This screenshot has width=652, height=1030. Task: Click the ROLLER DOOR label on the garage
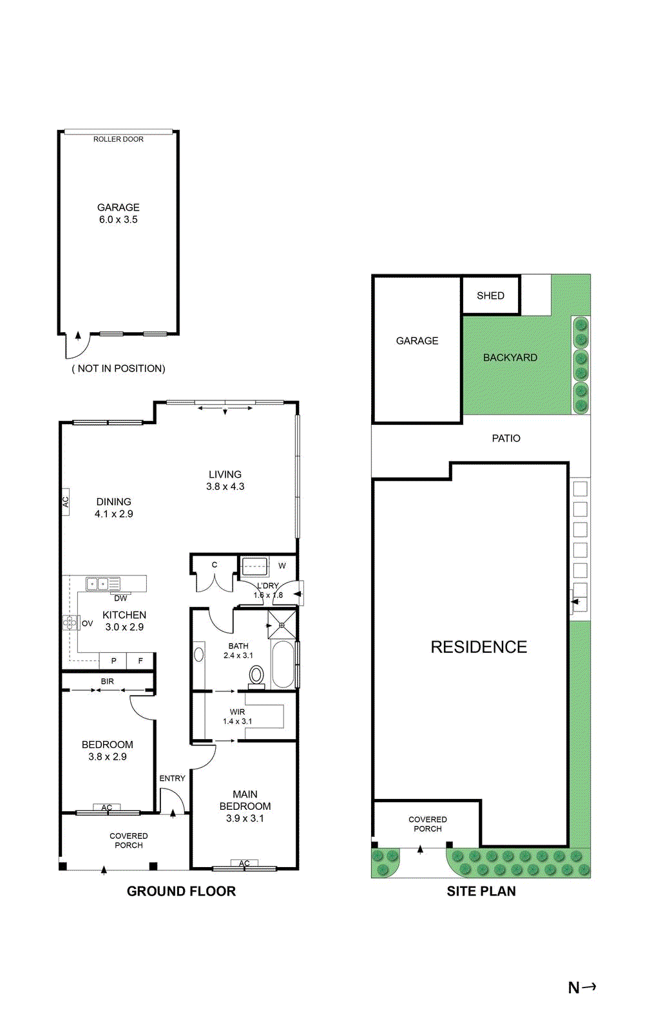118,139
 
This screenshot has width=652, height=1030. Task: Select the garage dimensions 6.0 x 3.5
118,220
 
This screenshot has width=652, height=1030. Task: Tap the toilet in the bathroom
256,675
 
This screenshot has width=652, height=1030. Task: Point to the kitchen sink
97,584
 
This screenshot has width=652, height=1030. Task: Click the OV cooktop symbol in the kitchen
70,623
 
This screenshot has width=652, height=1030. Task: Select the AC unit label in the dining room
65,501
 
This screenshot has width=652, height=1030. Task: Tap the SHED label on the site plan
490,295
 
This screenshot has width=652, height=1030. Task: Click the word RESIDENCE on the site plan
479,647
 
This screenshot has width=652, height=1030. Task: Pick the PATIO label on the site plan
506,438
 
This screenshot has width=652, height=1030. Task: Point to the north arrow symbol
582,987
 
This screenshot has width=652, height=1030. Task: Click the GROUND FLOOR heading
181,891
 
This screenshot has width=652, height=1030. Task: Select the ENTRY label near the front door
172,778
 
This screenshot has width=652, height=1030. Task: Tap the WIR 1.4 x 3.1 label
237,716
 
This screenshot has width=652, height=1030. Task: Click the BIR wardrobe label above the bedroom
107,681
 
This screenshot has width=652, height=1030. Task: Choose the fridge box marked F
140,660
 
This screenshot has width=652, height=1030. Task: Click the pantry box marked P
113,660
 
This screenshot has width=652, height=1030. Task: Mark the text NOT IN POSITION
119,368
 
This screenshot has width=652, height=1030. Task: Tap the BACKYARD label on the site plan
510,357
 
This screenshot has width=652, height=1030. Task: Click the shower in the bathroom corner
282,624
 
